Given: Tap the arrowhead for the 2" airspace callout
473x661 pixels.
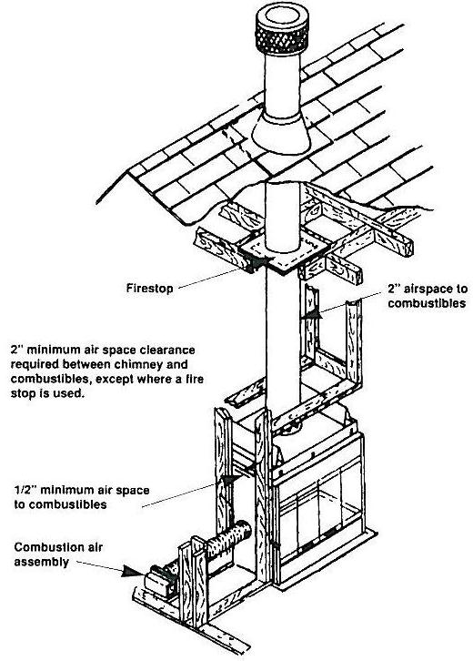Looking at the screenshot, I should point(314,314).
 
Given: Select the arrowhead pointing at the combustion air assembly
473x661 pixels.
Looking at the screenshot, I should point(133,573).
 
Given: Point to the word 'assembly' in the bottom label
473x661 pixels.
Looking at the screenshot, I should point(37,562).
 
